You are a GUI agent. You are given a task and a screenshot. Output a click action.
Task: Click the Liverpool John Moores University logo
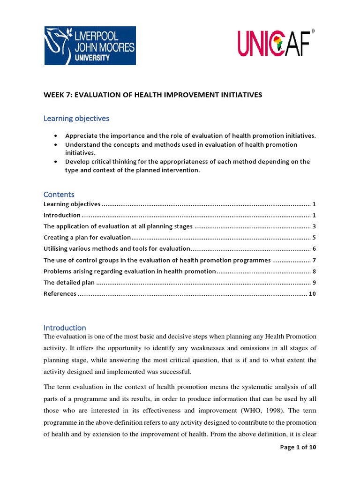point(90,45)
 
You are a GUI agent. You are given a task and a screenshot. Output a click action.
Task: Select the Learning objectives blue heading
point(76,119)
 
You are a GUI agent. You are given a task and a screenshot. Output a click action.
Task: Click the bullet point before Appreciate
point(57,136)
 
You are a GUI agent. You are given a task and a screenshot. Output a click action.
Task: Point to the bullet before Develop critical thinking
point(57,162)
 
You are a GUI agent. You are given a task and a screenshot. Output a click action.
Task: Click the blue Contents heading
point(59,194)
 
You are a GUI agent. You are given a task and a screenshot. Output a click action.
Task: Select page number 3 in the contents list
point(314,226)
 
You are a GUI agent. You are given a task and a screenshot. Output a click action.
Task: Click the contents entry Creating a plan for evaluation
point(87,238)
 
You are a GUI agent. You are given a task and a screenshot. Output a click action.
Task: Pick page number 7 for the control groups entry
point(314,260)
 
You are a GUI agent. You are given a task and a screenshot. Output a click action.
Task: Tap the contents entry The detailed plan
point(69,283)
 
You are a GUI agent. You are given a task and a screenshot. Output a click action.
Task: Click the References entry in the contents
point(60,294)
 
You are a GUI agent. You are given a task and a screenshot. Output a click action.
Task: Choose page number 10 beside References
point(312,294)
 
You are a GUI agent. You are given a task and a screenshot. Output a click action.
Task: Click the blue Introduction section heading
point(65,328)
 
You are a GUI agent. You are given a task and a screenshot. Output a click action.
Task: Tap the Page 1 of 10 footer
point(298,447)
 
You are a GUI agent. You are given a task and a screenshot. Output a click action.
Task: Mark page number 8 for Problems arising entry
point(314,271)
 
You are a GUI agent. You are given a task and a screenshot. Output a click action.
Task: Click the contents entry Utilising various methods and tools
point(117,249)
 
